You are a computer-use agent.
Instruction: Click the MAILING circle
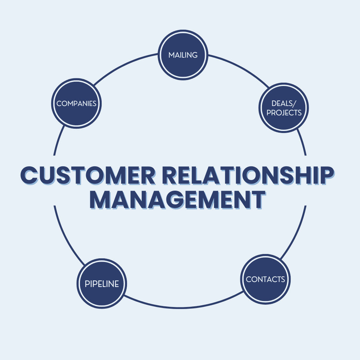pos(183,55)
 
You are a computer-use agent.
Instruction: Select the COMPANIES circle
pos(77,103)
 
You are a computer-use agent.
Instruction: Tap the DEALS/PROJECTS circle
pos(284,108)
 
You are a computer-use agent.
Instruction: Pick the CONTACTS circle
pos(266,279)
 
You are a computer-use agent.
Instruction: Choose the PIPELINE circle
pos(102,284)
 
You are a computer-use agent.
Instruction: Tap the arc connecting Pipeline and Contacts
pos(182,306)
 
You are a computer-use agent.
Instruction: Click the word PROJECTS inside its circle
pos(284,113)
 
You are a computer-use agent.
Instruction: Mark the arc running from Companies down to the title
pos(58,140)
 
